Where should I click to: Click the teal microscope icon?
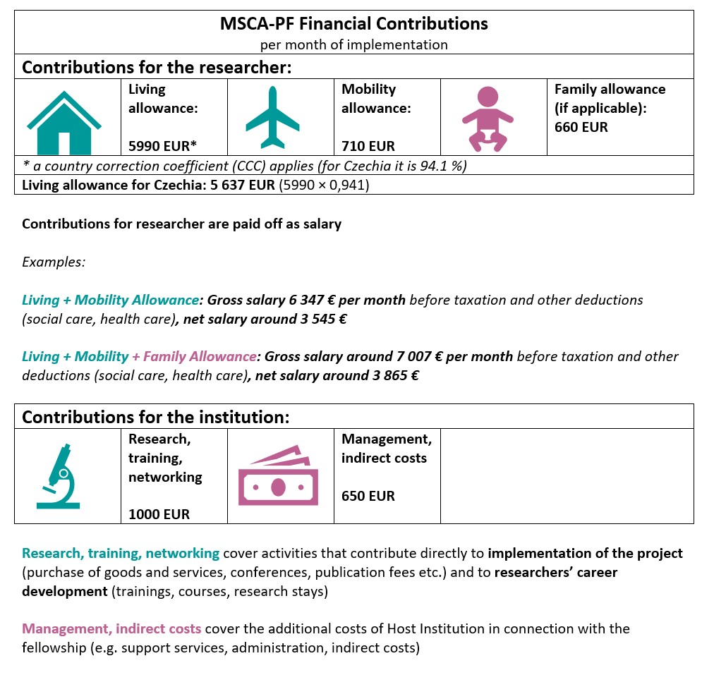pos(59,475)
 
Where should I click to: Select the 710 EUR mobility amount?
pos(368,147)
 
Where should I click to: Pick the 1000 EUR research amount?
pos(159,514)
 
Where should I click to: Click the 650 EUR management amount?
pos(368,496)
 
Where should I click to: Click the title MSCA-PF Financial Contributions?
pos(353,24)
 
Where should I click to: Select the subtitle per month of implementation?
pos(353,45)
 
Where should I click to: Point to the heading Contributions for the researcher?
pos(157,68)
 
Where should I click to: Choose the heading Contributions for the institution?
pos(156,416)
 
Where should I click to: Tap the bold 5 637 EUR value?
pos(238,186)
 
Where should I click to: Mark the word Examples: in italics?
pos(54,262)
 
